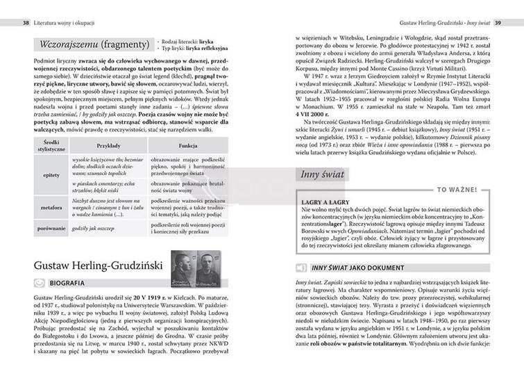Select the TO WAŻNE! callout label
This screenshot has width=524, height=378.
click(456, 189)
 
